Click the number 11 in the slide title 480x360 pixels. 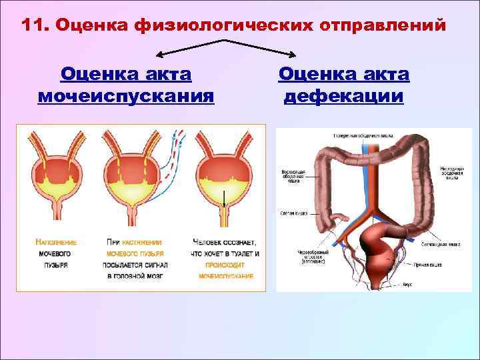(32, 25)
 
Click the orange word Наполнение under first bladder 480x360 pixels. (56, 242)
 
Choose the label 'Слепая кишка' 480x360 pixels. (293, 214)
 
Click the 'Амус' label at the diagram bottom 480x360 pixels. (408, 283)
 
